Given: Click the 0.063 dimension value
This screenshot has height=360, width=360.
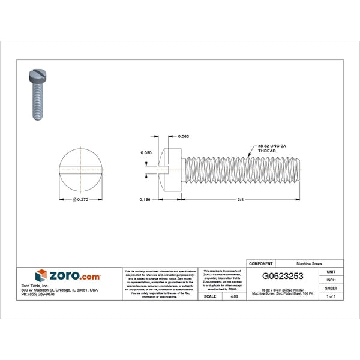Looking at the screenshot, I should coord(184,137).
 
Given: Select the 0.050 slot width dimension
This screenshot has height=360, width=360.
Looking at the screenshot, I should coord(146,153).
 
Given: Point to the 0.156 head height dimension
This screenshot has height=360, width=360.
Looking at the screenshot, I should coord(144,199).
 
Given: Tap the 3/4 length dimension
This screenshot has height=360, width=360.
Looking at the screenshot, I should coord(241,199).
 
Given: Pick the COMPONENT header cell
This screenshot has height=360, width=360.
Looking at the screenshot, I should coord(261,263).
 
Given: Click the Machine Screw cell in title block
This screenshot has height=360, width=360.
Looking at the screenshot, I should coord(311,263).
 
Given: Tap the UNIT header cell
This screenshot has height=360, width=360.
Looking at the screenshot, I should coord(331,272).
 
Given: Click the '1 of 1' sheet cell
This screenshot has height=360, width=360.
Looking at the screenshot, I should coord(331,296).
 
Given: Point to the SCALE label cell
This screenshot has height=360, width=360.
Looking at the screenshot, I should coord(210,296).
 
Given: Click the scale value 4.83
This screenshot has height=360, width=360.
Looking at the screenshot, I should coord(233,296).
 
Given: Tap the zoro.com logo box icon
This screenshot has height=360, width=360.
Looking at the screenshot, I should coord(41,276).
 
